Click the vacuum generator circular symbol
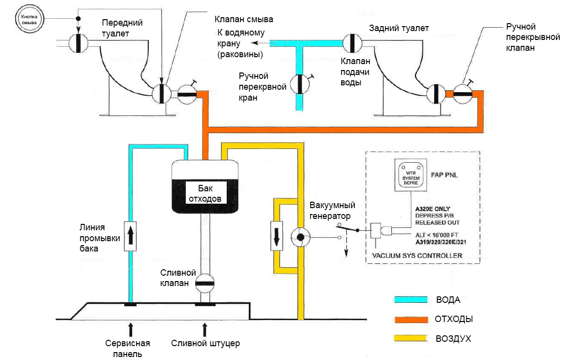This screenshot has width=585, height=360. tap(299, 238)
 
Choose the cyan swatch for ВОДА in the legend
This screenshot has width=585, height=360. tap(410, 300)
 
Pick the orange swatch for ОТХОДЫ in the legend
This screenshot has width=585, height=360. tap(410, 319)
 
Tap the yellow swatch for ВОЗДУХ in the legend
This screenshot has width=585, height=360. tap(410, 338)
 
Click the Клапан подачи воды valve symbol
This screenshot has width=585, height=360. tap(353, 43)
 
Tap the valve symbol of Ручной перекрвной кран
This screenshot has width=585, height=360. tap(299, 84)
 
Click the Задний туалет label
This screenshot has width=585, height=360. tap(399, 29)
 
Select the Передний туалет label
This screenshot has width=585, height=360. tap(122, 29)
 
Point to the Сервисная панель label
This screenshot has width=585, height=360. tap(128, 349)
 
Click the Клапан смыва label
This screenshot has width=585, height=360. tap(243, 19)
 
